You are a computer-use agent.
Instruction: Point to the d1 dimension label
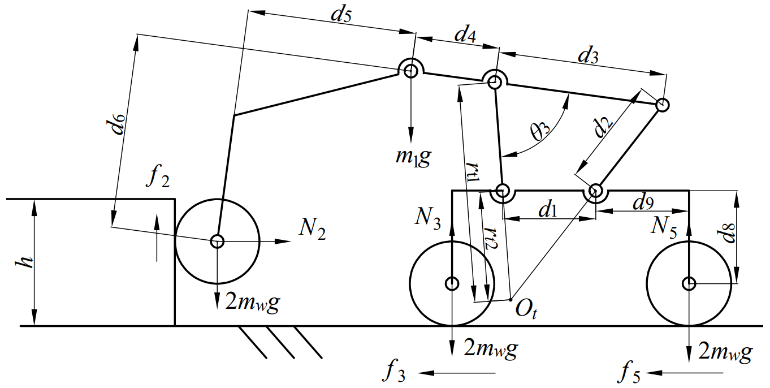tap(548, 210)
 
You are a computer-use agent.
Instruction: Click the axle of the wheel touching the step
tap(217, 242)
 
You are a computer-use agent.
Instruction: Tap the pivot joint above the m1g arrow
tap(410, 71)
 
